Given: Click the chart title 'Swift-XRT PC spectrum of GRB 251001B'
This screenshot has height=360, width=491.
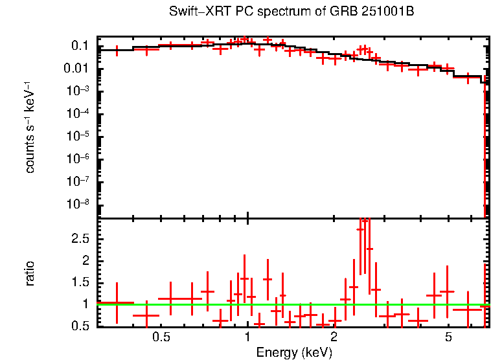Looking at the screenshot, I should click(x=291, y=12).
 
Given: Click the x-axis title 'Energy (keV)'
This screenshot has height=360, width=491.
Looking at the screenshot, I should click(x=294, y=353).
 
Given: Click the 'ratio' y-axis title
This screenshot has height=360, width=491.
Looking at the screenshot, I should click(x=30, y=274).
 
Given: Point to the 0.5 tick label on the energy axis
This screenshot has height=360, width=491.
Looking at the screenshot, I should click(x=161, y=338).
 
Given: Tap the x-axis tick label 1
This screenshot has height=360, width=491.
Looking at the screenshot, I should click(x=248, y=338).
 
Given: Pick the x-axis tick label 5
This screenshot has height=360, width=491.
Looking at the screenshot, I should click(x=448, y=338).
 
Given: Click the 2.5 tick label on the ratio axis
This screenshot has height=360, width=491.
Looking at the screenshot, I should click(x=80, y=239).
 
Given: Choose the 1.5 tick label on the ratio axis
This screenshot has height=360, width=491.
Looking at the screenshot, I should click(x=80, y=282).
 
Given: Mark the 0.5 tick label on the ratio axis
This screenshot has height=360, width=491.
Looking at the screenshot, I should click(x=80, y=326).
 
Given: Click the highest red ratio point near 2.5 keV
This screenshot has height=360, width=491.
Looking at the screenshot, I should click(x=365, y=220).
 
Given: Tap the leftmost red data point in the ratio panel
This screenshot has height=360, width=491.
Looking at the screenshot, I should click(x=117, y=302).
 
